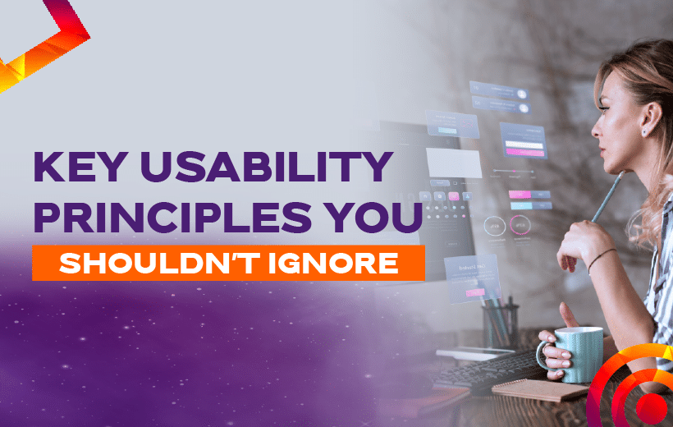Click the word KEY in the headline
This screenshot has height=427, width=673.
tap(80, 167)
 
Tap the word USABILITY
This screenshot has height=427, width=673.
tap(267, 167)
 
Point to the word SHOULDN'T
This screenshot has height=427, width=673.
tap(160, 263)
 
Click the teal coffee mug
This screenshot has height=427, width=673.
tap(575, 355)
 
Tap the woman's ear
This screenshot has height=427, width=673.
tap(651, 119)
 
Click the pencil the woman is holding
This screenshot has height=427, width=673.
tap(607, 198)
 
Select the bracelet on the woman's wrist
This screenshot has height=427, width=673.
tap(601, 259)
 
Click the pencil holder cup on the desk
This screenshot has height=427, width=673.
tap(501, 327)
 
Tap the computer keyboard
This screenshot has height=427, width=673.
tap(485, 372)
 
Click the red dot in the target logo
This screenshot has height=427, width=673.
tap(651, 407)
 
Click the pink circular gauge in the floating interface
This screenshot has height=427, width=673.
tap(520, 225)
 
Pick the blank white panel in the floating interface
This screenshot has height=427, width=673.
tap(454, 163)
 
